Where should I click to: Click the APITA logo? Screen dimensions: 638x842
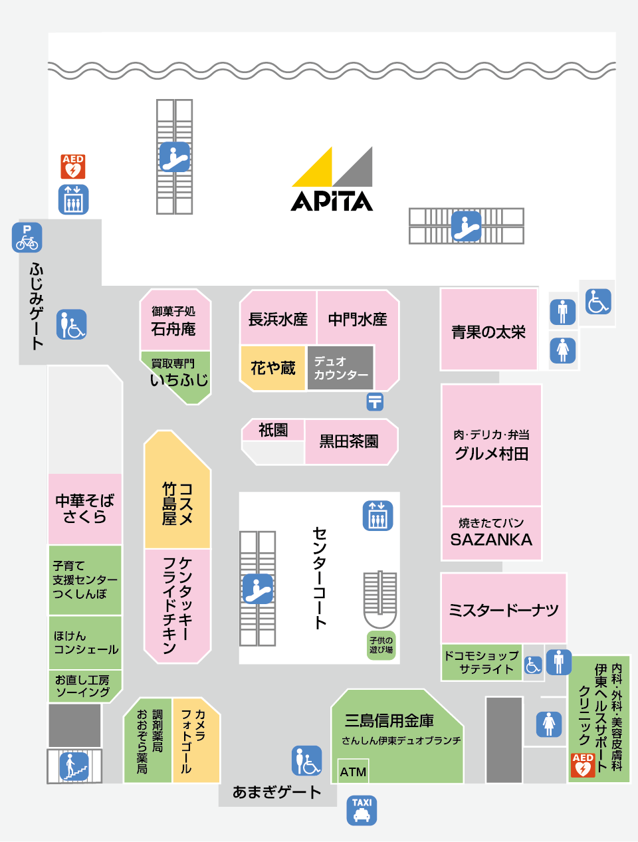click(x=332, y=179)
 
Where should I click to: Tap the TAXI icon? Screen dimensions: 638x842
click(x=362, y=810)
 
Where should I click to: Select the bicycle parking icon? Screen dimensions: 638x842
click(x=27, y=237)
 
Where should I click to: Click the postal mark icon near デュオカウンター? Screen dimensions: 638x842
click(x=375, y=401)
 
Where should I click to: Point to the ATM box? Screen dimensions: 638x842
click(x=353, y=771)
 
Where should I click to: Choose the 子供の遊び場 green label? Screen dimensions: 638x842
click(x=381, y=645)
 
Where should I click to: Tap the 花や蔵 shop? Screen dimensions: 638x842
click(x=272, y=368)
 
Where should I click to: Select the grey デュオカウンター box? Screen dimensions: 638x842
click(x=340, y=368)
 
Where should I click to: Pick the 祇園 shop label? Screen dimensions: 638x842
click(x=272, y=430)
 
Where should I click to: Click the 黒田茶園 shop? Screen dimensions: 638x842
click(x=349, y=441)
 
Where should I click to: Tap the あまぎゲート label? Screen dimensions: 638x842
click(x=276, y=792)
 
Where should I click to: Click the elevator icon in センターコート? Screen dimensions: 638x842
click(x=378, y=516)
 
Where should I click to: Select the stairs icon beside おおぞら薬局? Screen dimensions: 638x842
click(x=74, y=766)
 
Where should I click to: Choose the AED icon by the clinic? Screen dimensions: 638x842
click(x=583, y=765)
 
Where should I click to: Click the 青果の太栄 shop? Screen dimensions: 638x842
click(x=488, y=329)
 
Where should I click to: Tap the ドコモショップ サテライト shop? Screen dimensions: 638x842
click(x=481, y=663)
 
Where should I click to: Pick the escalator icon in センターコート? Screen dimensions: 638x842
click(x=258, y=588)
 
